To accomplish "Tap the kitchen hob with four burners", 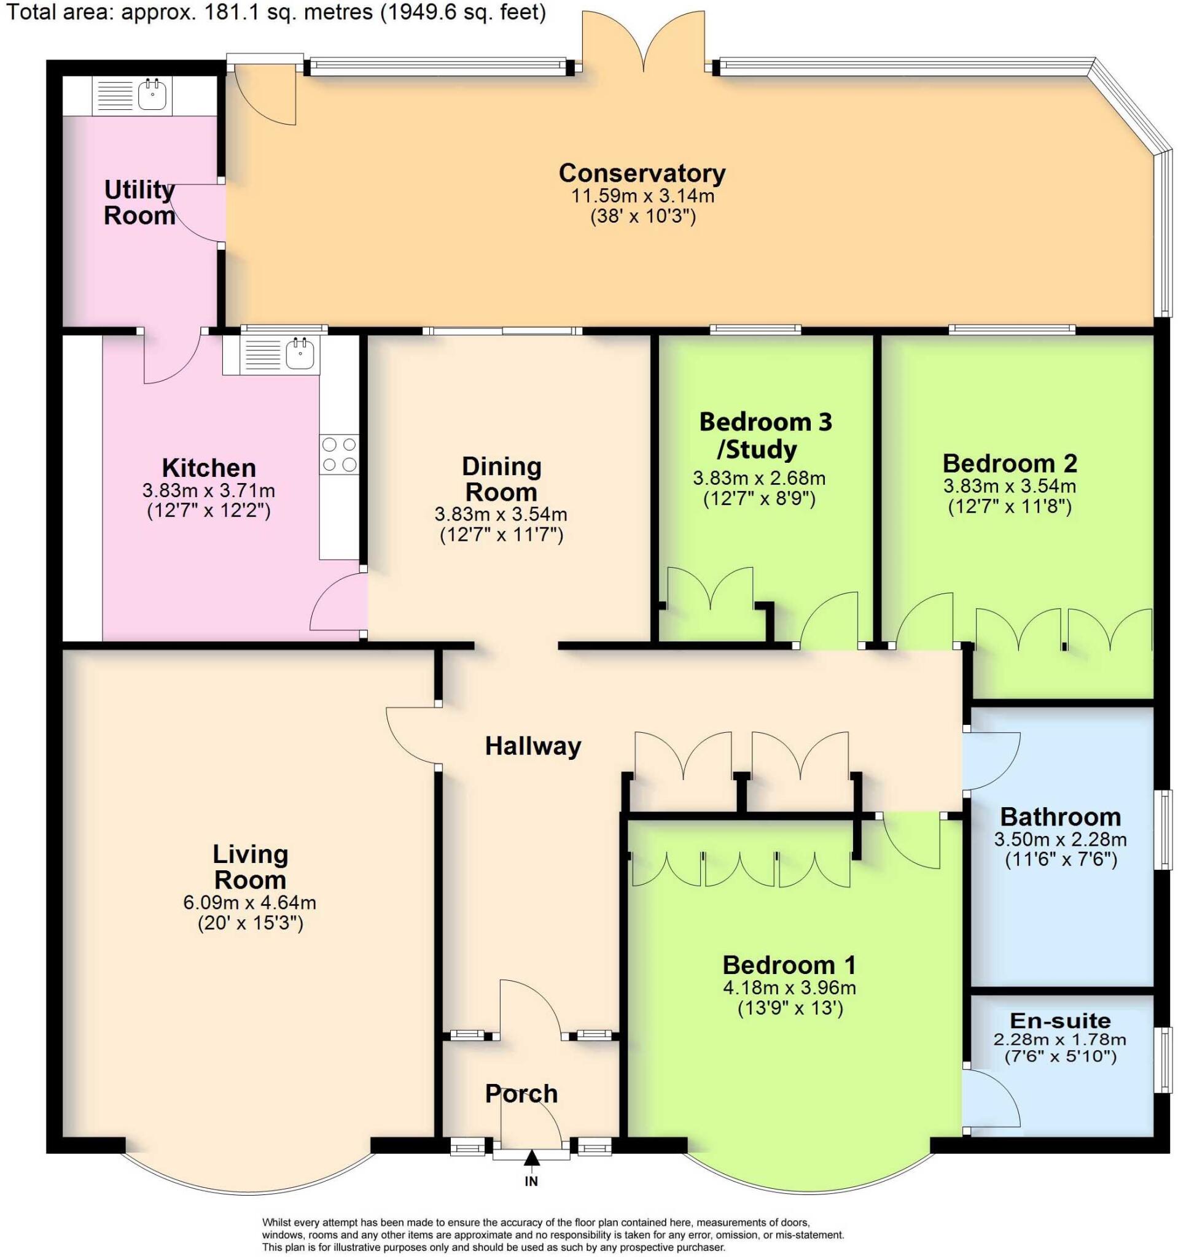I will pyautogui.click(x=339, y=455).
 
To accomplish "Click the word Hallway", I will pyautogui.click(x=532, y=747).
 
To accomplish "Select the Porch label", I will pyautogui.click(x=521, y=1094).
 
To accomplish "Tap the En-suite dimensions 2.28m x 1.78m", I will pyautogui.click(x=1060, y=1040).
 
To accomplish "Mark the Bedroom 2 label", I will pyautogui.click(x=1010, y=463).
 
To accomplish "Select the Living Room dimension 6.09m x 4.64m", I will pyautogui.click(x=250, y=902).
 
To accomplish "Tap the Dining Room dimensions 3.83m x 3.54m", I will pyautogui.click(x=501, y=515).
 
